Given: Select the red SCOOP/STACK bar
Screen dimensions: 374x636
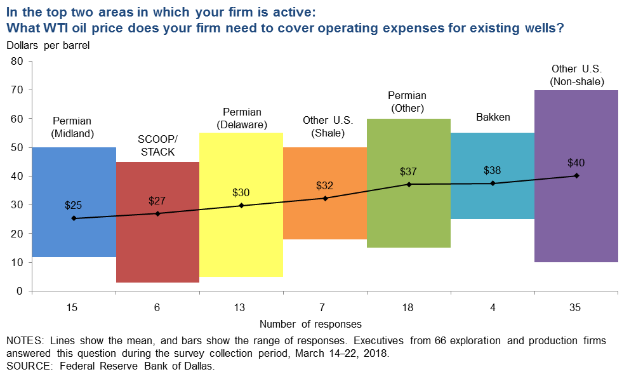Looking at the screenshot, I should click(x=157, y=254).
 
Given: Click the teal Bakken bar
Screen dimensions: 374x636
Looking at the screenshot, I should click(x=493, y=203).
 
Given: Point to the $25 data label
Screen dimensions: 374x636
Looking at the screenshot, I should click(x=74, y=205).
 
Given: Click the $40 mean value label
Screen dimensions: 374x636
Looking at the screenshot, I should click(x=576, y=163).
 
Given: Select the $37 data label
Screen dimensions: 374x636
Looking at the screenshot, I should click(x=409, y=171).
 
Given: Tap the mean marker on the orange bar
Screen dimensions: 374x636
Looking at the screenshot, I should click(x=325, y=198).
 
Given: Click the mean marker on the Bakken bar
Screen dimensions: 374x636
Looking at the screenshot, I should click(x=493, y=184).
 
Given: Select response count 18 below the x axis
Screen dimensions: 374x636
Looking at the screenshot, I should click(x=409, y=307).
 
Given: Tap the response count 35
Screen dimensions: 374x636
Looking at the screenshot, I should click(x=576, y=307).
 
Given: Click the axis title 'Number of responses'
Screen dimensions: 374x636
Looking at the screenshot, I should click(x=310, y=324).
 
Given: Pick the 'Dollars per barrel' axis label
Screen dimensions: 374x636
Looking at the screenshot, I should click(x=49, y=45).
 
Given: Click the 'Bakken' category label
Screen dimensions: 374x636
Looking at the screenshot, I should click(x=493, y=117).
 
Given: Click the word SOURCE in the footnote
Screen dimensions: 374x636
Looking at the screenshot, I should click(x=25, y=366).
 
